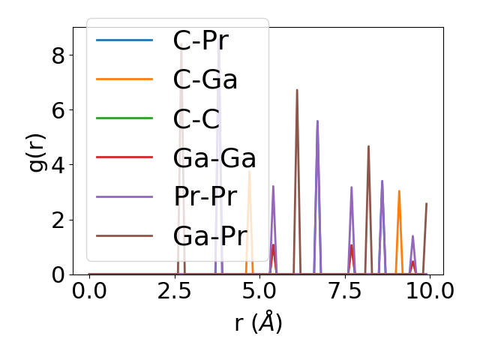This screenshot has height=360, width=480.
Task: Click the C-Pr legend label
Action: (200, 40)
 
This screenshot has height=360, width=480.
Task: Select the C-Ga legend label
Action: (205, 79)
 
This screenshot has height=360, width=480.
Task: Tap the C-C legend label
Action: (196, 119)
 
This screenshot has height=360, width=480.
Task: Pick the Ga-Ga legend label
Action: (214, 158)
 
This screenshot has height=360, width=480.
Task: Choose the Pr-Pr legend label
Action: (205, 197)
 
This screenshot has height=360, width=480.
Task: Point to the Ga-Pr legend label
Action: (210, 236)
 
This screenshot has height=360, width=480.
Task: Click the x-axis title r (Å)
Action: (258, 323)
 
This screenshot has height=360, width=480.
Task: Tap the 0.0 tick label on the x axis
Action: (89, 290)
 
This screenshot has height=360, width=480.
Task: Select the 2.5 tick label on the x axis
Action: (174, 290)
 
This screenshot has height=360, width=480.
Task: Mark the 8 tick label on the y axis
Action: (58, 55)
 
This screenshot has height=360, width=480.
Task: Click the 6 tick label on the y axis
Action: (58, 110)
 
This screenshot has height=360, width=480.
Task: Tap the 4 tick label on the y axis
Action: (58, 165)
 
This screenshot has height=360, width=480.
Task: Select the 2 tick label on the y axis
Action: (58, 220)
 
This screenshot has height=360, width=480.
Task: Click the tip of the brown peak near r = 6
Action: (297, 90)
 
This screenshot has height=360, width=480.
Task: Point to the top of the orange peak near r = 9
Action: (399, 190)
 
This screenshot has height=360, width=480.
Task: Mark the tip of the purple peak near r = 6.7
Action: (317, 121)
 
